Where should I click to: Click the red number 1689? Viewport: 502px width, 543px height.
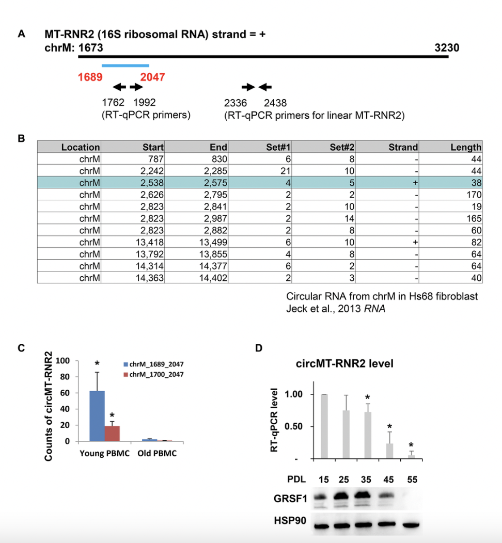[90, 77]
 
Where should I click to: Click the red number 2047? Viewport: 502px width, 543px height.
[152, 77]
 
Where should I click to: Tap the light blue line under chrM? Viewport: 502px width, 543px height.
[126, 66]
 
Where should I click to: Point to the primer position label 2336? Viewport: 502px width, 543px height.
[236, 103]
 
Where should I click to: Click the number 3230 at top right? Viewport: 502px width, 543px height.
[447, 48]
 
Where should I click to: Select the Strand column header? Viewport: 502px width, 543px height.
[403, 147]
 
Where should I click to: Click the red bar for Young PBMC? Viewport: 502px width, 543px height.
[112, 434]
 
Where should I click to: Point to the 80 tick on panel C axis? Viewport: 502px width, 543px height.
[65, 377]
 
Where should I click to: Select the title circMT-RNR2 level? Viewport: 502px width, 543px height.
[344, 363]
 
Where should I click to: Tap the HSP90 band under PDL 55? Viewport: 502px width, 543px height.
[411, 525]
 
